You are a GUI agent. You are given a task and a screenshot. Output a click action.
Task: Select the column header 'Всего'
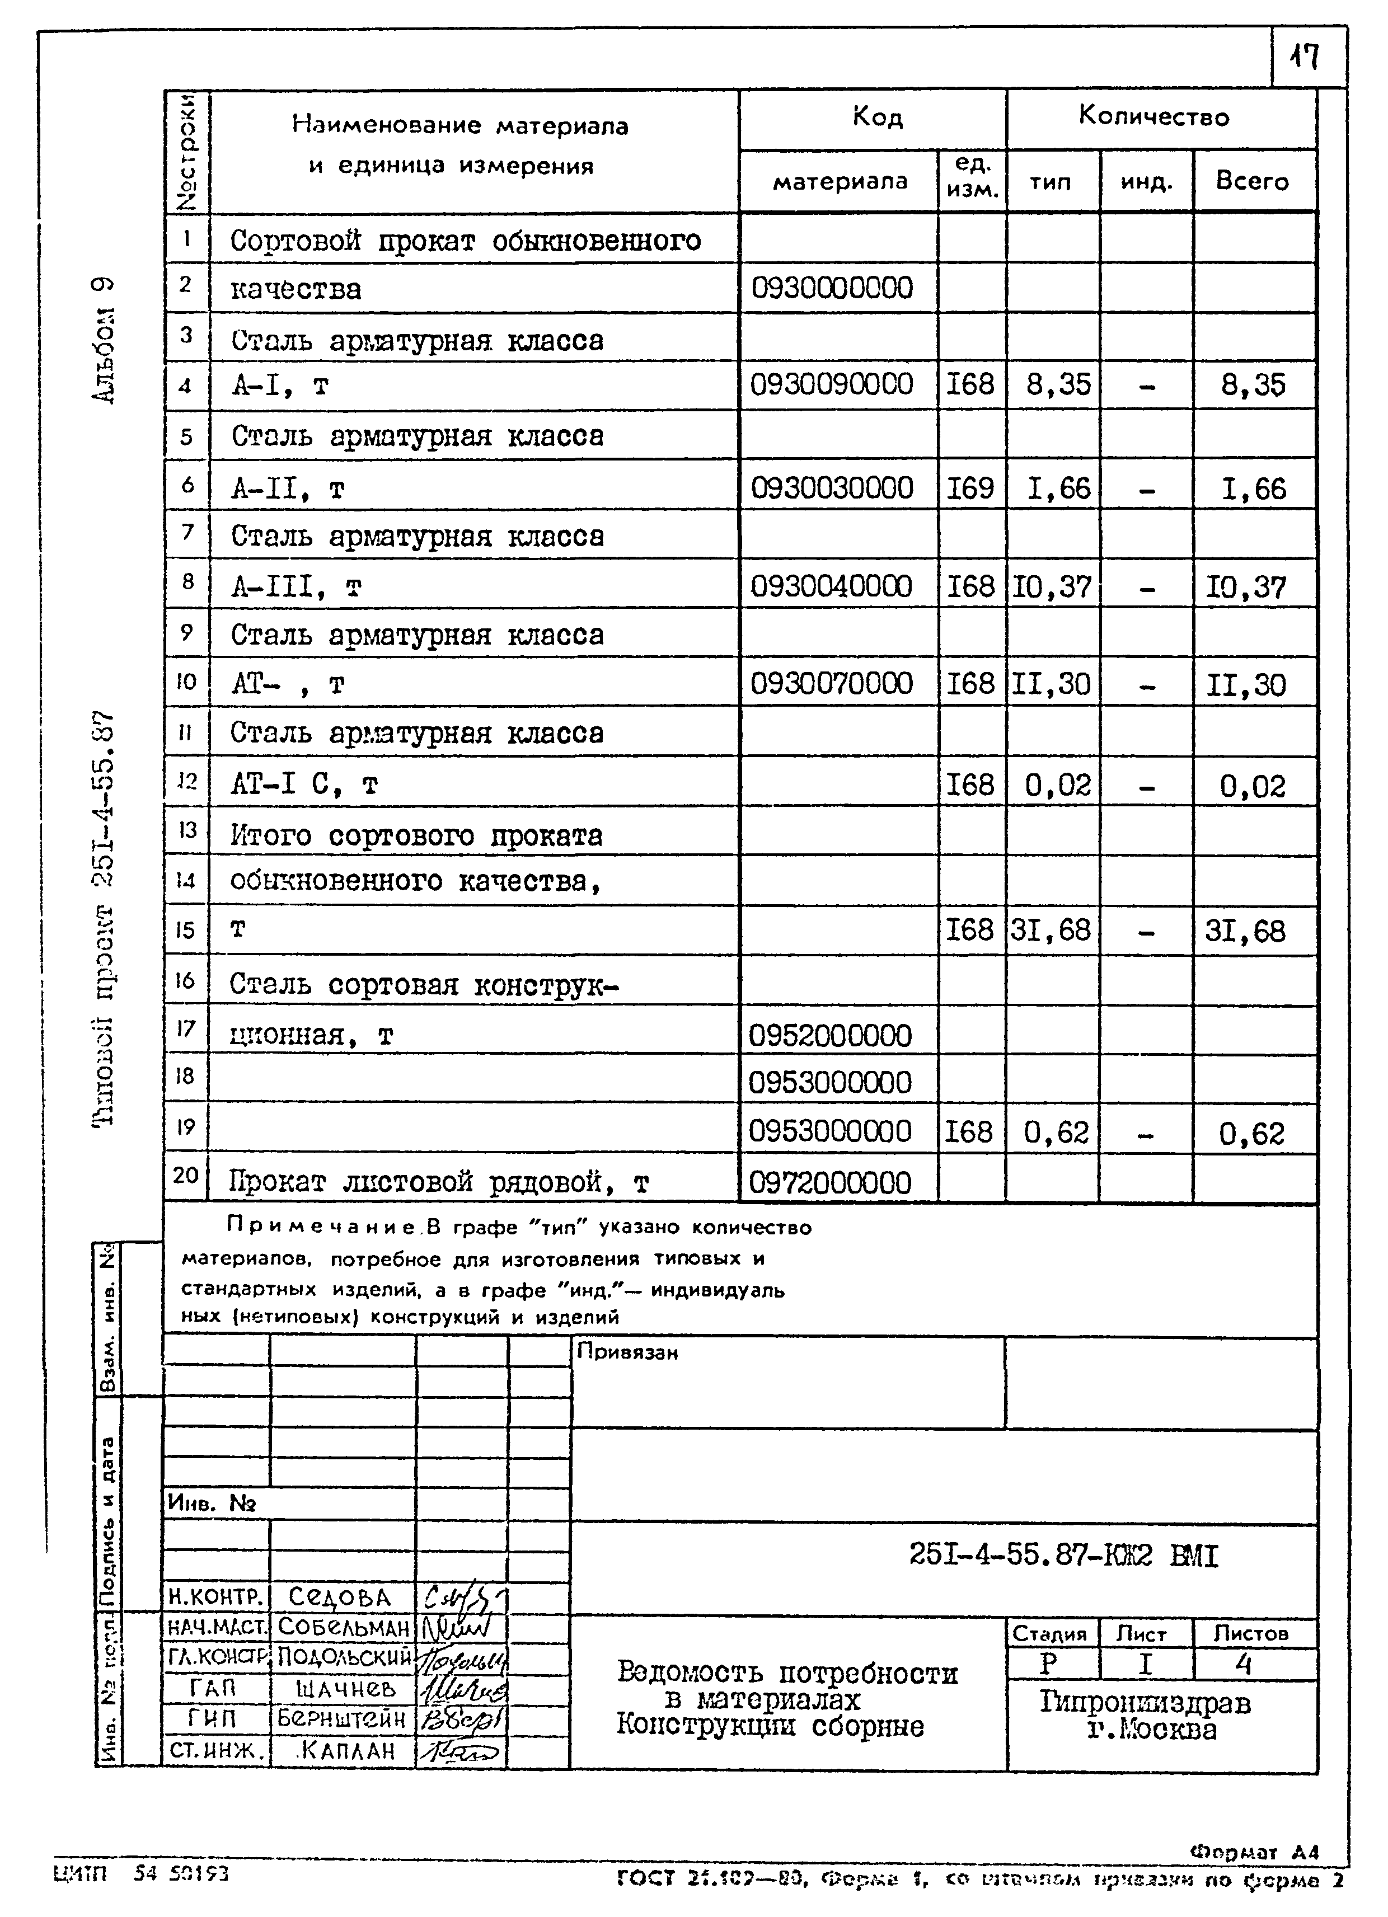pos(1252,181)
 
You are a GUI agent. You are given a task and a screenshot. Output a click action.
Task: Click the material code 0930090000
pos(832,384)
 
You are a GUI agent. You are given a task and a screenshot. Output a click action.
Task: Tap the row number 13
pos(187,830)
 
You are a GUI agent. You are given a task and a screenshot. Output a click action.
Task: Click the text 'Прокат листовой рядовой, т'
pos(439,1182)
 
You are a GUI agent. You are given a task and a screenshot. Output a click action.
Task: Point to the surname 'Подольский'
pos(344,1656)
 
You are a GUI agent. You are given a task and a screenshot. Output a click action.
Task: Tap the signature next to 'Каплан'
pos(462,1750)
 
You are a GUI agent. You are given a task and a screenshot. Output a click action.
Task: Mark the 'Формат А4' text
pos(1254,1851)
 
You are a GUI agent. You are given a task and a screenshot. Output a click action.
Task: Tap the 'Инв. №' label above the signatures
pos(212,1502)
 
